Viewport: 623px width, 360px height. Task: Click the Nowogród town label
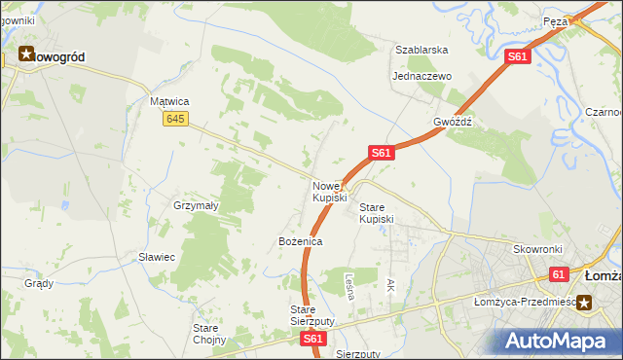tap(60, 57)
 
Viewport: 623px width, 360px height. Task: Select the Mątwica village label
tap(168, 101)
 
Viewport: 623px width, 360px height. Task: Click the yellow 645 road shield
tap(175, 119)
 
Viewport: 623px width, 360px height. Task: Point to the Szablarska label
tap(421, 50)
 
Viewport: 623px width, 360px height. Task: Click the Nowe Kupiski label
tap(329, 192)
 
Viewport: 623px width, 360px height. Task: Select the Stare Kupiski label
tap(377, 213)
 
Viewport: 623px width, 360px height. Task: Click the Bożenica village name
tap(300, 240)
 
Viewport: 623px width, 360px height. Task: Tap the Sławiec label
tap(156, 257)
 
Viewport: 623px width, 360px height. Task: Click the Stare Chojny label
tap(209, 334)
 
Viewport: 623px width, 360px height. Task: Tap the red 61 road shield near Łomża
tap(558, 275)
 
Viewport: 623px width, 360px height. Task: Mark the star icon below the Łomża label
tap(586, 302)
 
